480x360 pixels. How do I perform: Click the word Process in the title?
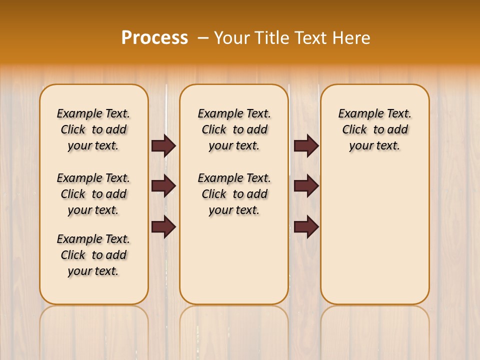click(x=154, y=37)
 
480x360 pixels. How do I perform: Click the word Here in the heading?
click(x=352, y=37)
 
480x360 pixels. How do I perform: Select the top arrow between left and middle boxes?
click(x=163, y=146)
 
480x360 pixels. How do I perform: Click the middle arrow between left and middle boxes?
click(x=163, y=186)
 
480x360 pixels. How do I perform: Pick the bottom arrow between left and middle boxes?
click(x=163, y=226)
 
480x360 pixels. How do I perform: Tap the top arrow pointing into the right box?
click(x=306, y=146)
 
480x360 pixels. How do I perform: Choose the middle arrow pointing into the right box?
click(x=306, y=186)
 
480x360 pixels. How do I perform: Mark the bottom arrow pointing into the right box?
click(x=306, y=226)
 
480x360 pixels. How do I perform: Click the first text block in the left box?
click(x=93, y=129)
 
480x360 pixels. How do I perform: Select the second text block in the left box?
click(x=93, y=194)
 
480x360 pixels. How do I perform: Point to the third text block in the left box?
click(x=93, y=255)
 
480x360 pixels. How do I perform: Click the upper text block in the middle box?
click(x=234, y=129)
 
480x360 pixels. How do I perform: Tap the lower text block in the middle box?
click(x=234, y=194)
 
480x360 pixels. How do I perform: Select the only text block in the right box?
click(x=374, y=129)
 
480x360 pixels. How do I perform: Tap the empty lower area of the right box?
click(x=374, y=235)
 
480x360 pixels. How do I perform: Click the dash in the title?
click(x=203, y=37)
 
